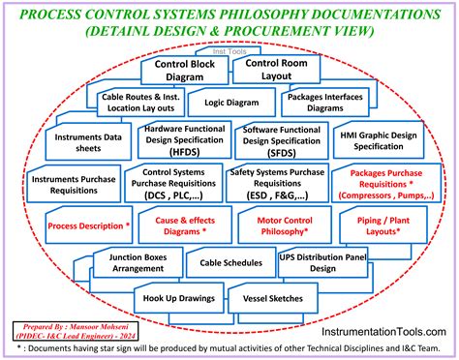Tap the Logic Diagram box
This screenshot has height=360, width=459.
(x=225, y=101)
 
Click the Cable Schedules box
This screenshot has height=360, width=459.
(x=230, y=262)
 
